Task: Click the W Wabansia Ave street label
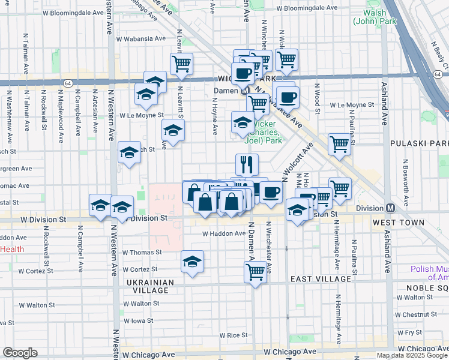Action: [141, 38]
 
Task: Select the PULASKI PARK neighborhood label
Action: [418, 143]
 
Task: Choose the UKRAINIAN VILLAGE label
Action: [150, 286]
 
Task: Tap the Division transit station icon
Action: [390, 208]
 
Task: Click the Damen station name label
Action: [226, 91]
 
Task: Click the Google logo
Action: [19, 352]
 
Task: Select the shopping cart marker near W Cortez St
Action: [256, 272]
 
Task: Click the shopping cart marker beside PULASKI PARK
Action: [340, 144]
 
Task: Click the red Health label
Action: [12, 249]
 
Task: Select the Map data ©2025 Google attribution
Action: [411, 355]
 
